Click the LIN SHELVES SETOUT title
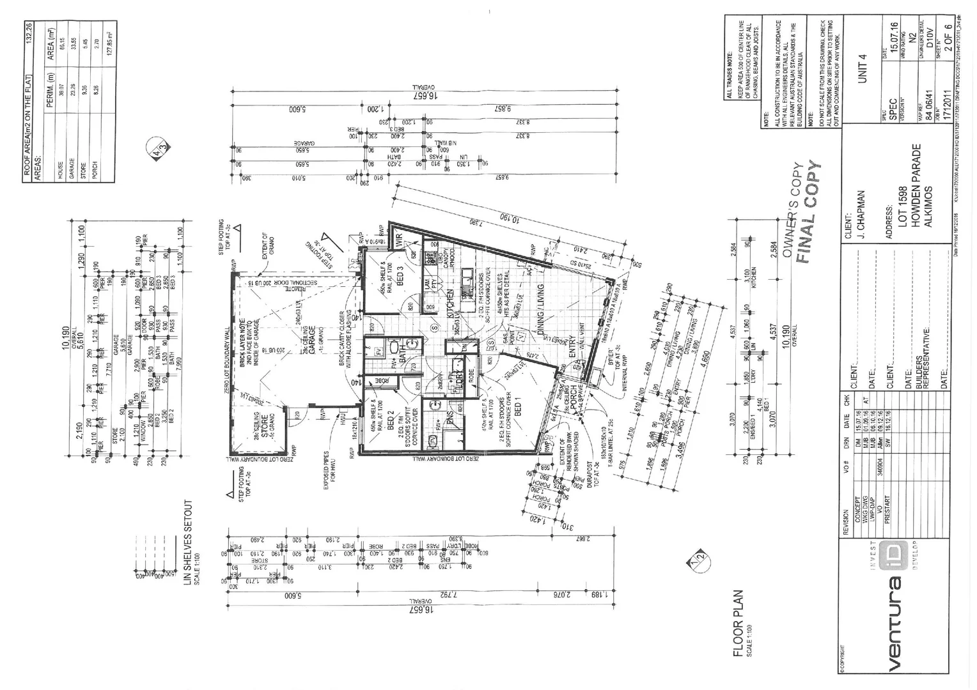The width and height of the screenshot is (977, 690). click(x=187, y=546)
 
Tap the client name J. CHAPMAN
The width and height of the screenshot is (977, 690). click(x=861, y=215)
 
